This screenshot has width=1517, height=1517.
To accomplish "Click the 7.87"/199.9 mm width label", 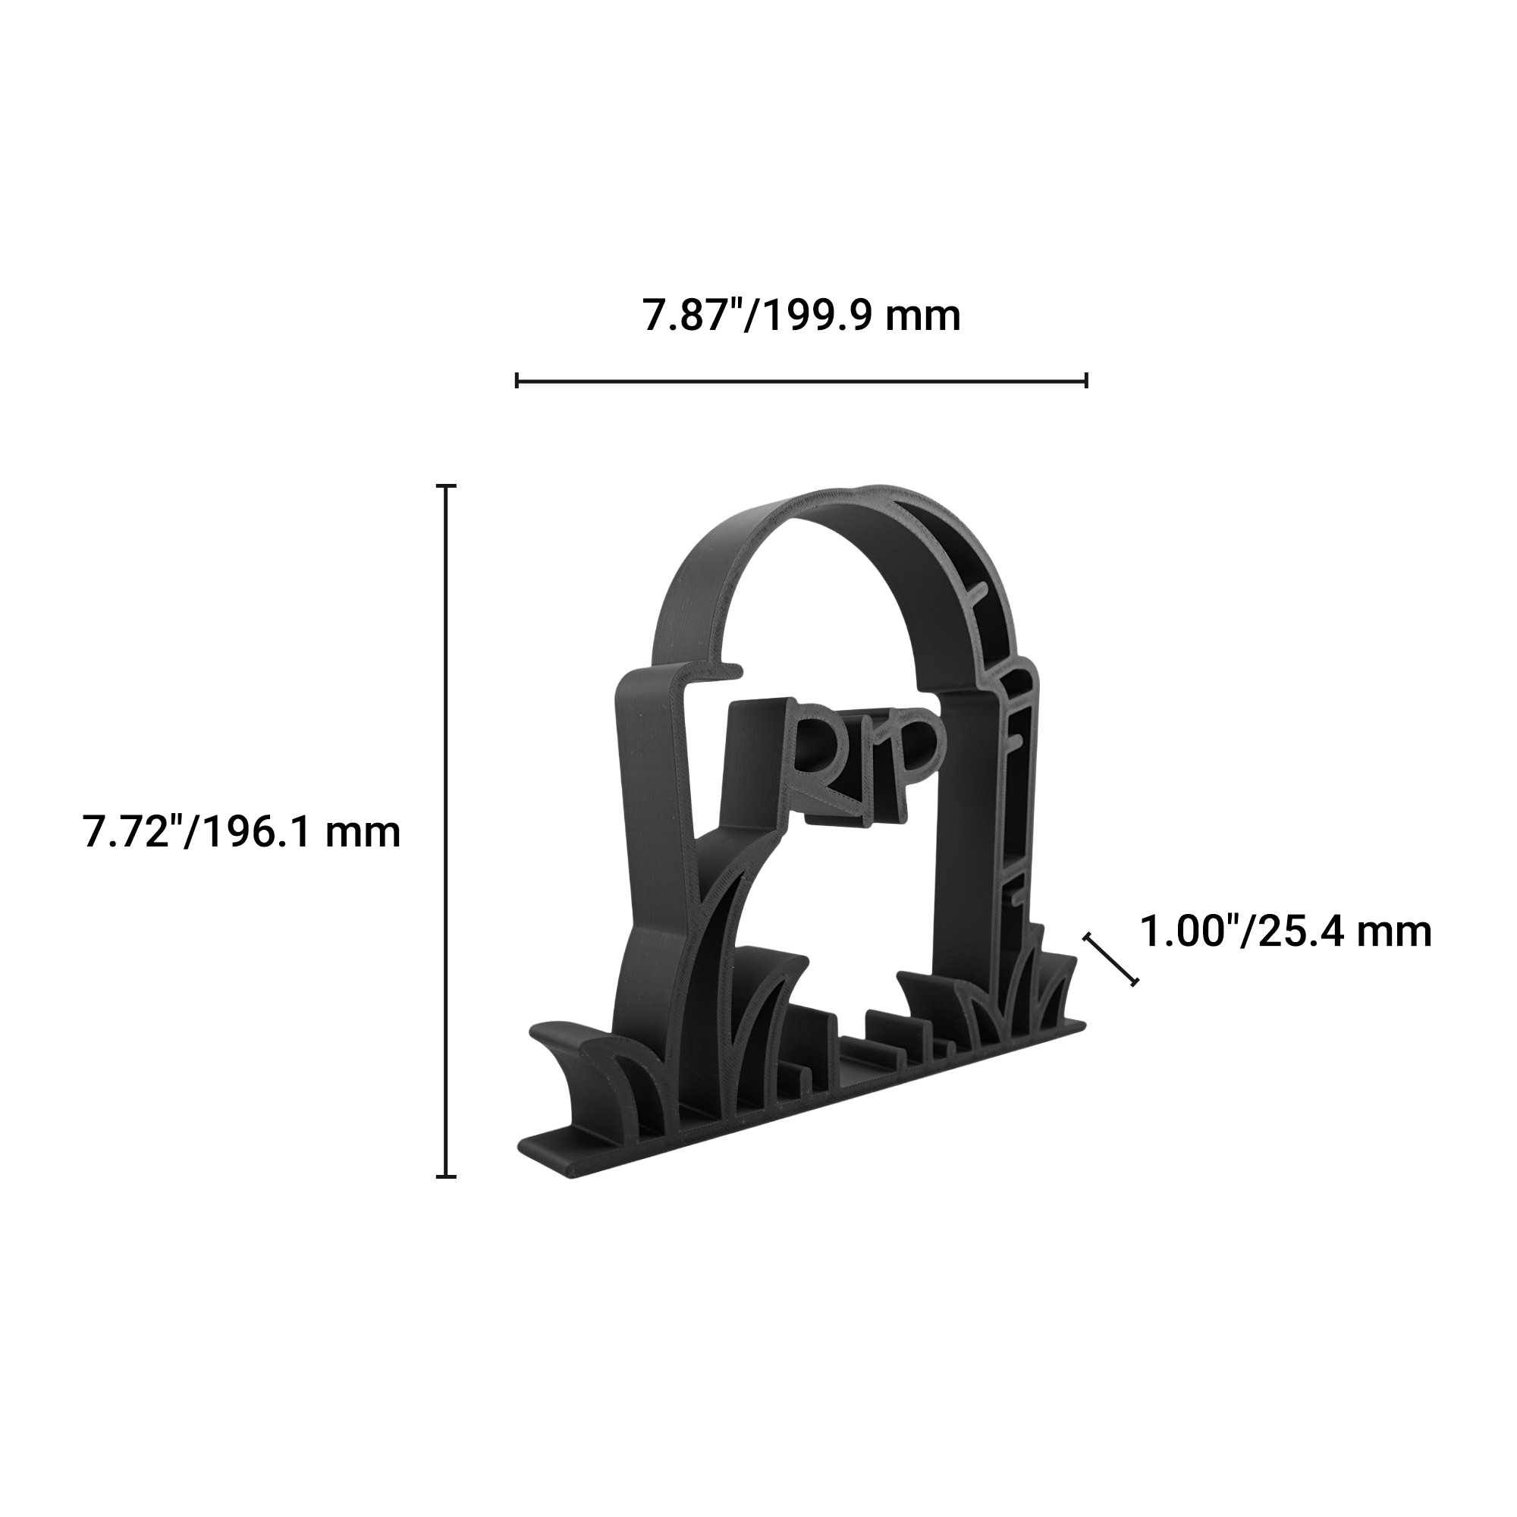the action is point(802,316).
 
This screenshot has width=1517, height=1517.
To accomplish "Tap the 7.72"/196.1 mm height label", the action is point(242,831).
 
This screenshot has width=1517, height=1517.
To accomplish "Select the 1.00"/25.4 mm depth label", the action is point(1286,932).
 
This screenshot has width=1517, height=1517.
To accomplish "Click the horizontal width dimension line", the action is point(802,381).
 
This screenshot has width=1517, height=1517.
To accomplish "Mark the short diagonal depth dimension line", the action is point(1110,960).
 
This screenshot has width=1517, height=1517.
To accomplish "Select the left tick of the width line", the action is point(517,381).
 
